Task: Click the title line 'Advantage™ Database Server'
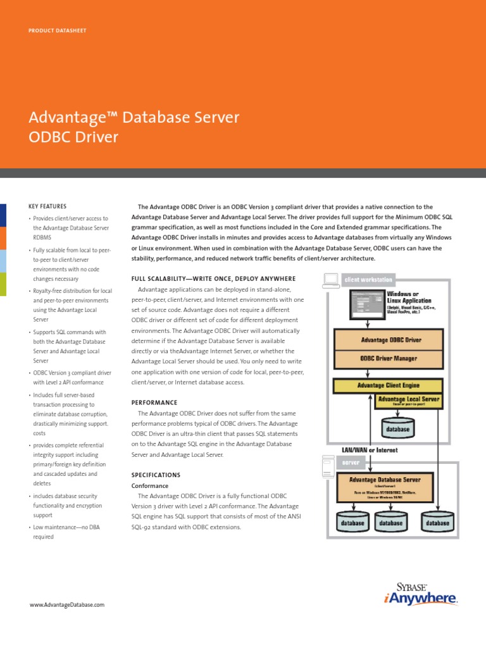[x=134, y=117]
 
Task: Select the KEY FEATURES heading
[x=47, y=206]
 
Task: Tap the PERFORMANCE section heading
[x=154, y=402]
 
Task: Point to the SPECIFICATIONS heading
[x=156, y=475]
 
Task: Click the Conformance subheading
[x=149, y=485]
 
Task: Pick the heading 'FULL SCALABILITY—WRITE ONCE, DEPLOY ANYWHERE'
[x=213, y=278]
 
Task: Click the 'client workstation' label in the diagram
[x=368, y=279]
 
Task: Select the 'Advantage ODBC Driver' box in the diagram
[x=390, y=340]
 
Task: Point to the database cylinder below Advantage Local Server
[x=398, y=428]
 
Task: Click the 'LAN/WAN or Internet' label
[x=370, y=449]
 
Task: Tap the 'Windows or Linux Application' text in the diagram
[x=408, y=297]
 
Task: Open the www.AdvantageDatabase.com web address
[x=66, y=605]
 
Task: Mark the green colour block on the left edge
[x=3, y=284]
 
